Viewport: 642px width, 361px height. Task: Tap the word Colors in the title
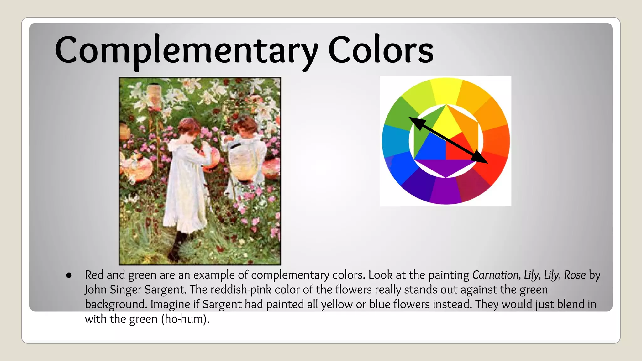(381, 50)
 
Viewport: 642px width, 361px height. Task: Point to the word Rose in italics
(575, 275)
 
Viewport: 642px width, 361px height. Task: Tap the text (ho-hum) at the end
(185, 319)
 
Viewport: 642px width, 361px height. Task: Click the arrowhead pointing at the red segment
(481, 159)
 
